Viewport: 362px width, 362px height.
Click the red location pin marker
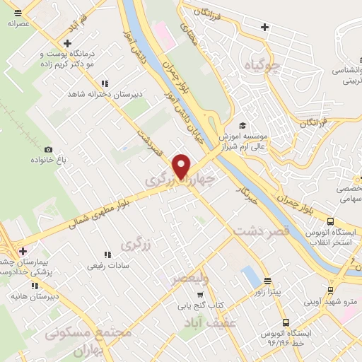click(182, 166)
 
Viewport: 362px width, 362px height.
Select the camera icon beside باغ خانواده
click(48, 149)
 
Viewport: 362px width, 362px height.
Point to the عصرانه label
click(21, 23)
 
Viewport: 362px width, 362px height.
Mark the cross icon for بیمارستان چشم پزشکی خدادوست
click(23, 251)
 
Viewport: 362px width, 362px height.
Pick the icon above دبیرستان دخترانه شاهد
click(105, 83)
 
